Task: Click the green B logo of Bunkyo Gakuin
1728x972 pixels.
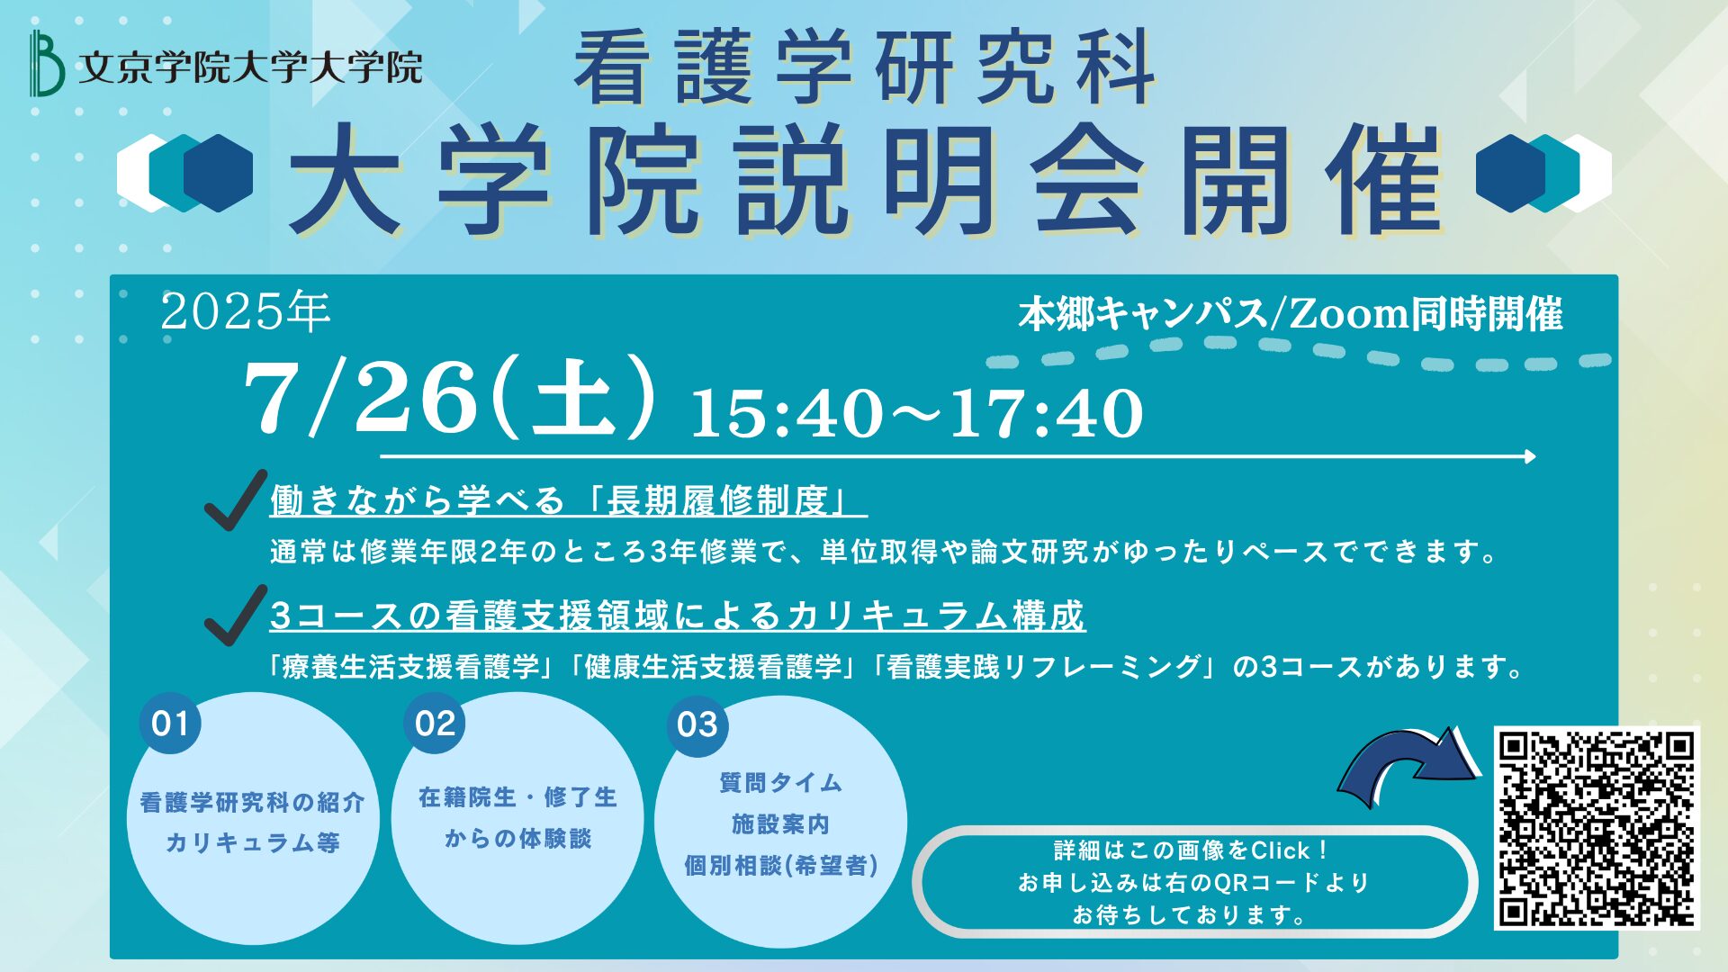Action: [x=46, y=63]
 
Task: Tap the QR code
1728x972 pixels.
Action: [x=1597, y=828]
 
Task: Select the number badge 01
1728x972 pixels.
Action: [x=170, y=724]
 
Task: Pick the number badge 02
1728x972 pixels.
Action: [x=436, y=724]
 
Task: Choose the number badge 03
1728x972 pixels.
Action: [x=697, y=724]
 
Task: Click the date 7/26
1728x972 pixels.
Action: [x=360, y=396]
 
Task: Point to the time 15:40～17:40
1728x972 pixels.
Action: [x=916, y=413]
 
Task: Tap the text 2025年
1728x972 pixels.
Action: [x=246, y=312]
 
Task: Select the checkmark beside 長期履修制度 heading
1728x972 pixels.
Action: [x=236, y=499]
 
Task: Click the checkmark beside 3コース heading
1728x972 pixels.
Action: [x=236, y=615]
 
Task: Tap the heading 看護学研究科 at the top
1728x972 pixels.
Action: [x=865, y=67]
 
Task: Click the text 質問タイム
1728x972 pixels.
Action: [x=780, y=783]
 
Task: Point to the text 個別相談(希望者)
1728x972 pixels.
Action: [x=781, y=866]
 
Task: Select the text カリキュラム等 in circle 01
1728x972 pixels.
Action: [x=253, y=842]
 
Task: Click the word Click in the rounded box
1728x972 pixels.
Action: [x=1281, y=850]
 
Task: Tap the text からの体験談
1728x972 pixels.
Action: [x=517, y=839]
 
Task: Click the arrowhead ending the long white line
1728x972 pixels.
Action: [x=1530, y=456]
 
